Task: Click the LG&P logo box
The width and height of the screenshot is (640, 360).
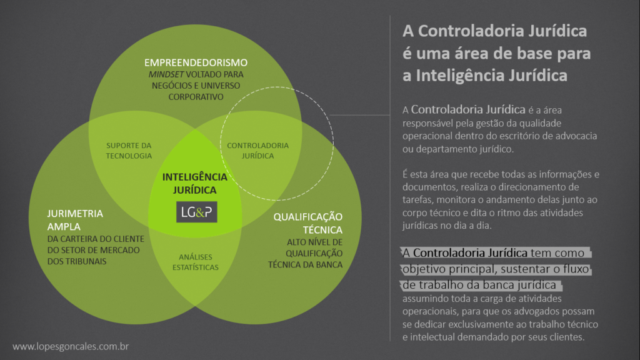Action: (196, 212)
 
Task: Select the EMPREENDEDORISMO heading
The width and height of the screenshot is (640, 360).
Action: (196, 62)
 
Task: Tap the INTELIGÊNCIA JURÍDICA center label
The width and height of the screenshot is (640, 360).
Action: (195, 183)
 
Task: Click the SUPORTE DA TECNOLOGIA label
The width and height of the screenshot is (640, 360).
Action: (129, 151)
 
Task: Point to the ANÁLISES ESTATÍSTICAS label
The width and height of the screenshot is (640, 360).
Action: (196, 262)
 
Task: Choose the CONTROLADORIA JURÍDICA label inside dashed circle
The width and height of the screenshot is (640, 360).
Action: (257, 151)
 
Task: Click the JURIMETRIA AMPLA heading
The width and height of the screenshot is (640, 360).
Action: (75, 220)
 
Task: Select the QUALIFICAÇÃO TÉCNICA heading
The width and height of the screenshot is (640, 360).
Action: (307, 223)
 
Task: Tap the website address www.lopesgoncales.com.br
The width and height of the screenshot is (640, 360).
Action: (71, 346)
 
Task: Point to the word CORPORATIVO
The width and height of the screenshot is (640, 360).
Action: (196, 97)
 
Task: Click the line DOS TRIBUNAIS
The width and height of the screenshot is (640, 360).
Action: (77, 261)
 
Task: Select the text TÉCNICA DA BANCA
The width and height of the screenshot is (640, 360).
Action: (305, 264)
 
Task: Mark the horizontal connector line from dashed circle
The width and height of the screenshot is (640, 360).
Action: (359, 115)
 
